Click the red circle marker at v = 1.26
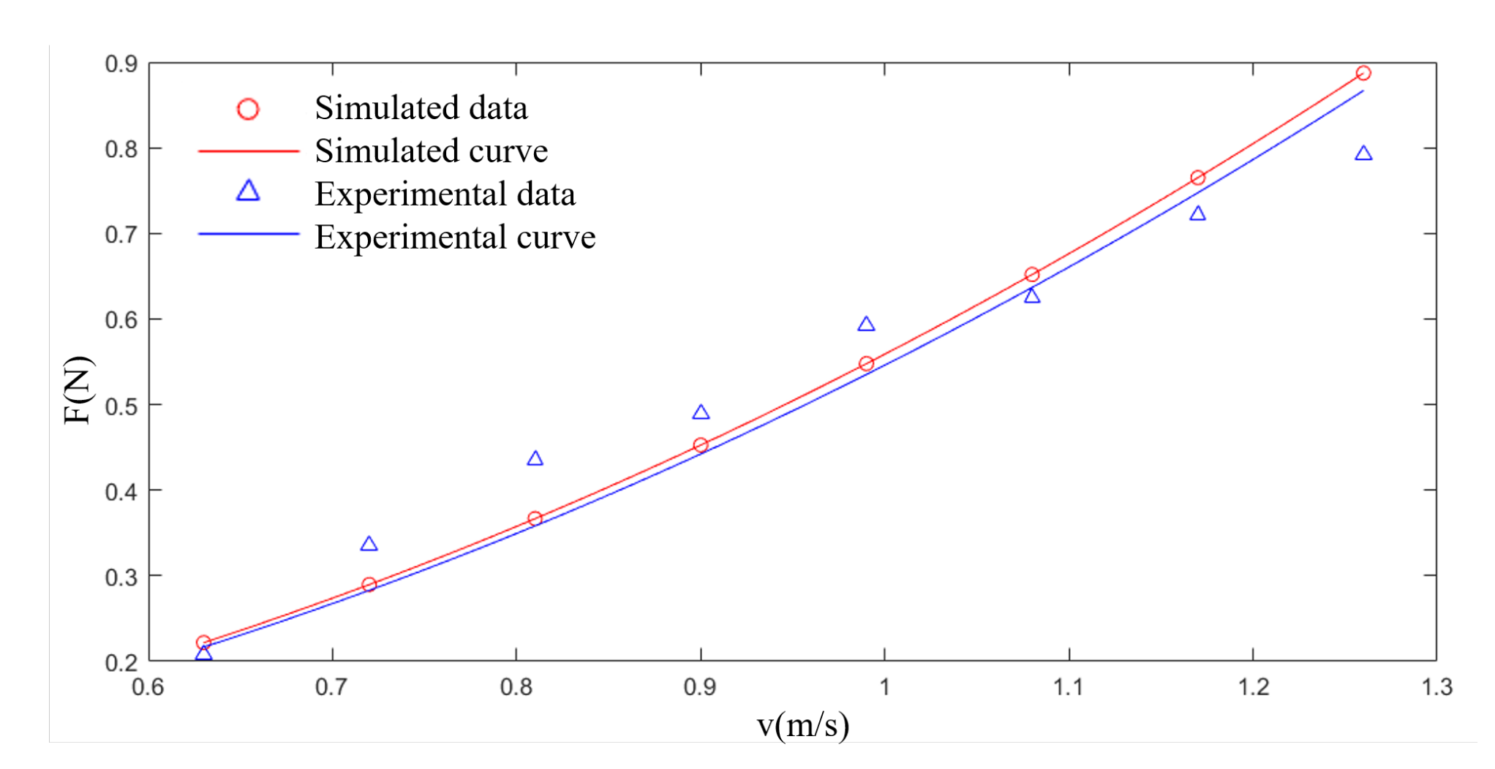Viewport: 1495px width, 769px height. tap(1363, 73)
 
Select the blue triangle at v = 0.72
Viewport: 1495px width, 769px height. tap(369, 545)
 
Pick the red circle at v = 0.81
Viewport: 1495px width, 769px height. tap(535, 518)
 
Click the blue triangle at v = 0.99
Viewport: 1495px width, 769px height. tap(866, 325)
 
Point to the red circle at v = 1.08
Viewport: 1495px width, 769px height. tap(1032, 274)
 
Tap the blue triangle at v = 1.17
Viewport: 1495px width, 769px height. tap(1197, 214)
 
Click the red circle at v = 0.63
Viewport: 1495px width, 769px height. tap(203, 643)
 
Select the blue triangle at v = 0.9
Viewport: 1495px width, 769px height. tap(701, 413)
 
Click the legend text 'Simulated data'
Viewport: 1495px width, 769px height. tap(421, 107)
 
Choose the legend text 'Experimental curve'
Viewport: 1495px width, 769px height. tap(455, 237)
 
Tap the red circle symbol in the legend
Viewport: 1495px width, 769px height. tap(248, 109)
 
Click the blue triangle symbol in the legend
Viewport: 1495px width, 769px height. tap(248, 192)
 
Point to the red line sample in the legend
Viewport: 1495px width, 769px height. tap(248, 151)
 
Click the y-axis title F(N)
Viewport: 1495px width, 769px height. tap(78, 390)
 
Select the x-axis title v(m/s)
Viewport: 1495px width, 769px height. tap(802, 724)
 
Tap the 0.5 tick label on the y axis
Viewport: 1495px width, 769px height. tap(121, 406)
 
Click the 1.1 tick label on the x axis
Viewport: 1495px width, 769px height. tap(1068, 687)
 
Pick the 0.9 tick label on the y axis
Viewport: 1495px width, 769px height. tap(121, 64)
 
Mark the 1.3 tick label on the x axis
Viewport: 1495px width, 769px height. tap(1436, 687)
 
